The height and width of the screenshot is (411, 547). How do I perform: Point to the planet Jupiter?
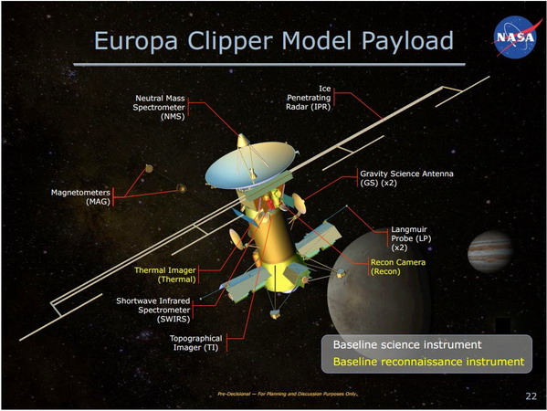(x=493, y=253)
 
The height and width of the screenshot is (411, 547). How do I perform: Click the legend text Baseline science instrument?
(x=394, y=345)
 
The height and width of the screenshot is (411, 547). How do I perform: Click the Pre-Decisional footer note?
(x=287, y=394)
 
